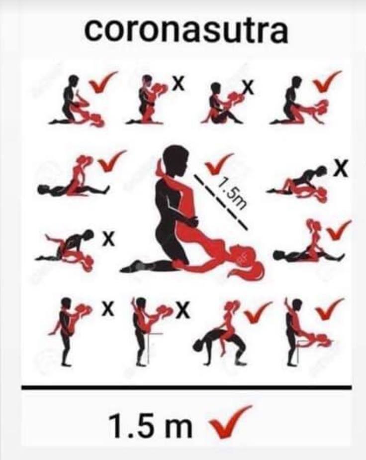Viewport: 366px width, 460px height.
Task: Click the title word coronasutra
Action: coord(186,31)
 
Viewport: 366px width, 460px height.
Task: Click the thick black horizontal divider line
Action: coord(186,387)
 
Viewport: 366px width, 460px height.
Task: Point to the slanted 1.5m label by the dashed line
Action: coord(232,195)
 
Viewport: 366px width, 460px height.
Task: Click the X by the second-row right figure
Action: coord(341,168)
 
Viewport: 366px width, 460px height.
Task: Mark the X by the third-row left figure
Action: coord(108,239)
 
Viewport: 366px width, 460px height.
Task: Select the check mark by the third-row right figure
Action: coord(339,230)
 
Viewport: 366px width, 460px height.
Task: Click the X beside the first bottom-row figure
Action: coord(108,310)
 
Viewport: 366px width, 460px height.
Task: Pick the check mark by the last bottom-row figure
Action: coord(330,309)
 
